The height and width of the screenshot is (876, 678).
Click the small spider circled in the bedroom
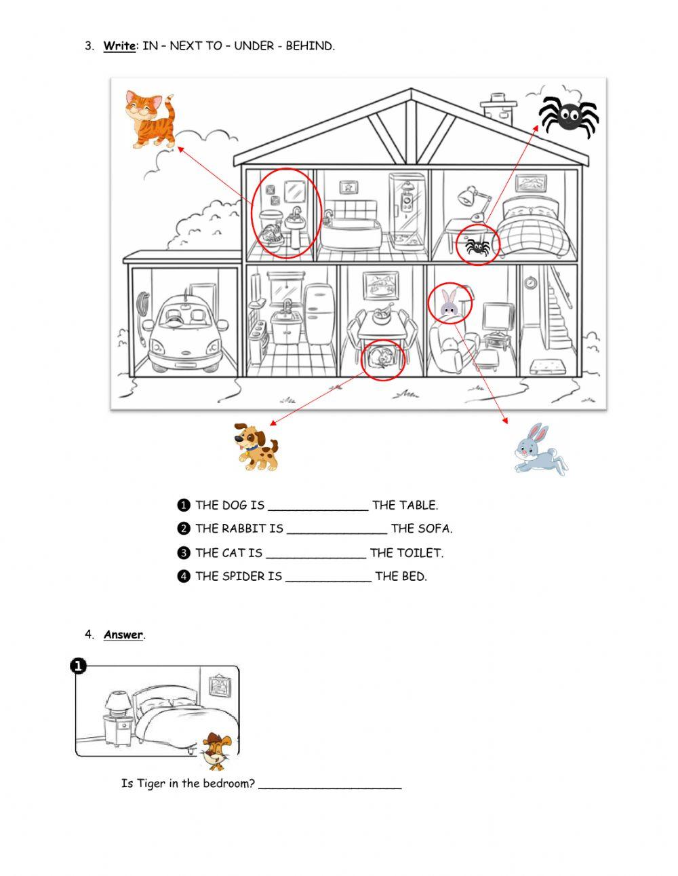[478, 246]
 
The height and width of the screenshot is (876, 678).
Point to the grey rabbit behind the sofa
[448, 303]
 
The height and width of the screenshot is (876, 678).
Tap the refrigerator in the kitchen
[319, 315]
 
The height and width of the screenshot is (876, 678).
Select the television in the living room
[498, 318]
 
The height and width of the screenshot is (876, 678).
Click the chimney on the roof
[498, 107]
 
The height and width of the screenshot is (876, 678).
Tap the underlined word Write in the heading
[119, 46]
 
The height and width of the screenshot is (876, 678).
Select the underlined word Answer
[123, 635]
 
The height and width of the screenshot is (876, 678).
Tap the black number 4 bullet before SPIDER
[183, 577]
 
